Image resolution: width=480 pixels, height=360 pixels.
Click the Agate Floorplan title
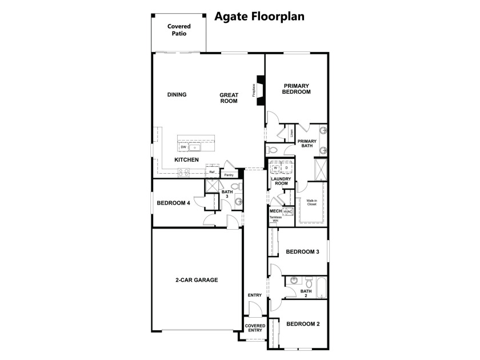tap(259, 17)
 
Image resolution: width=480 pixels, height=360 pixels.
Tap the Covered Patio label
tap(179, 30)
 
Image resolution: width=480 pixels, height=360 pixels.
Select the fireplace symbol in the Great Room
tap(260, 90)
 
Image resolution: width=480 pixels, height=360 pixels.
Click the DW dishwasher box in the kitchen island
tap(183, 147)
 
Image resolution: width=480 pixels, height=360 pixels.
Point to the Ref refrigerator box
tap(212, 172)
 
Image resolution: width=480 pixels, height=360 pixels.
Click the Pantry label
tap(229, 175)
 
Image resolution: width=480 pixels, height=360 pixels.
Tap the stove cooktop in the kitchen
tap(183, 173)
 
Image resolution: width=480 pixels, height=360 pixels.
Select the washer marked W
tap(275, 168)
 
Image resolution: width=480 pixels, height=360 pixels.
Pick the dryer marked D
tap(287, 168)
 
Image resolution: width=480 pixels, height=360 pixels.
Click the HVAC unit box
tap(288, 211)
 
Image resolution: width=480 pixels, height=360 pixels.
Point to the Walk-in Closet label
tap(311, 202)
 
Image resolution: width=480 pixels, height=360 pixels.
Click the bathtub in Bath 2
tap(321, 287)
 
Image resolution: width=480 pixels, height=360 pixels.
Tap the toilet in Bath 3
tap(236, 186)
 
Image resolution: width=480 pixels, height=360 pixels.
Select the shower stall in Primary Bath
tap(321, 169)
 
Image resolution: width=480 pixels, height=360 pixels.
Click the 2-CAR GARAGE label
tap(197, 280)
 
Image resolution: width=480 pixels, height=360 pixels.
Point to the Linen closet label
tap(292, 133)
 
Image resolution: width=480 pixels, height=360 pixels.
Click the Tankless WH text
tap(275, 218)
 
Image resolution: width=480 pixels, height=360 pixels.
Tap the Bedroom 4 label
tap(173, 203)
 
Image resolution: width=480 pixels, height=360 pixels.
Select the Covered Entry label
tap(255, 328)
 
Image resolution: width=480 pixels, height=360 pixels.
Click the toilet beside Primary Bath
tap(273, 150)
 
